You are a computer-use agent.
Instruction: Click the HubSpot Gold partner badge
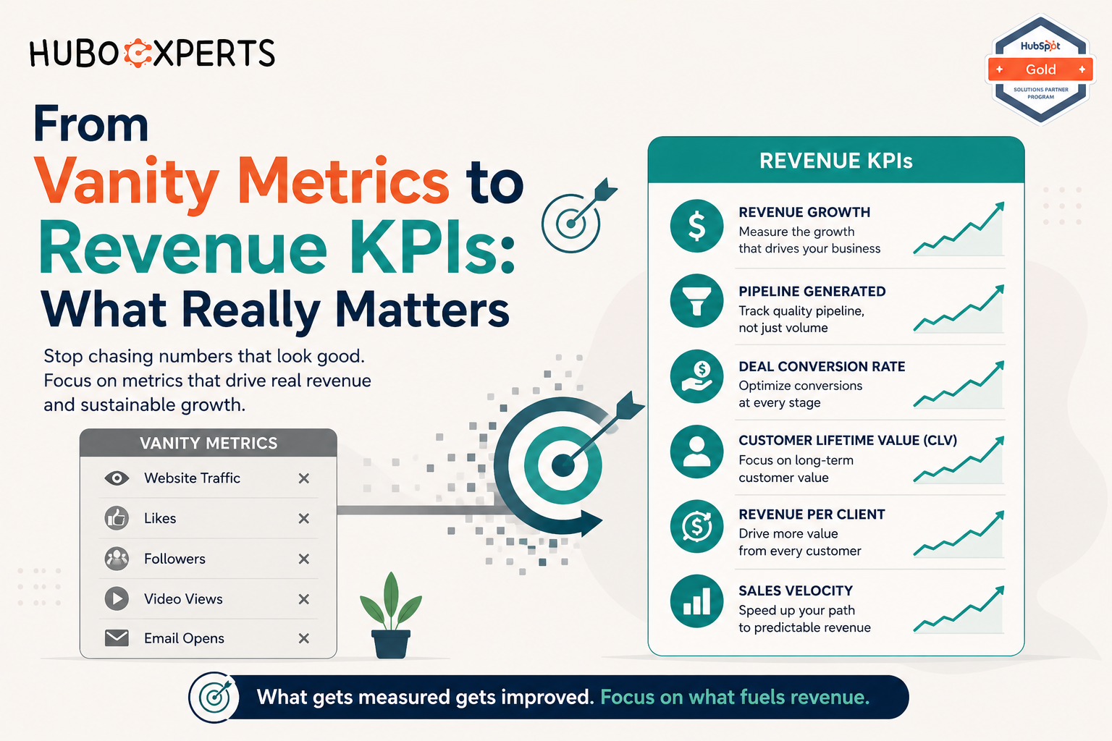1040,69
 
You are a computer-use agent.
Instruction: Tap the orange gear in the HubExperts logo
138,53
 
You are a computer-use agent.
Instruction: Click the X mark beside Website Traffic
304,478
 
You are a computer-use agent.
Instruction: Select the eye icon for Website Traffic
117,478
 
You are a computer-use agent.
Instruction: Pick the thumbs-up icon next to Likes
117,518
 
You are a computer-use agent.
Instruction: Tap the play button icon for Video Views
117,598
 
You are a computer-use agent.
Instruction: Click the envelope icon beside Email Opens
117,638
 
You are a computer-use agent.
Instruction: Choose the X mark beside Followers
304,559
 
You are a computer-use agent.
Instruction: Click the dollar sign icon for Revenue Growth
696,226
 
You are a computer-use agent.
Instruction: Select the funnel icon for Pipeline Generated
696,301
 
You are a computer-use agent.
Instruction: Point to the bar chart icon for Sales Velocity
696,601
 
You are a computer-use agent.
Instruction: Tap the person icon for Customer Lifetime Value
696,451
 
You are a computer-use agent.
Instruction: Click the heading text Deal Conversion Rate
822,366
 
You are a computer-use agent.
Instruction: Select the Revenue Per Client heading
812,515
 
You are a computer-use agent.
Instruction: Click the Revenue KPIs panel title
836,161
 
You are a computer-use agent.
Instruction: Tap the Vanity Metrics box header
208,443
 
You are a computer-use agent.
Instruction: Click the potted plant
391,615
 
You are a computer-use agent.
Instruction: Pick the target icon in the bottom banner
214,698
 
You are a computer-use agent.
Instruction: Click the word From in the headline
90,124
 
